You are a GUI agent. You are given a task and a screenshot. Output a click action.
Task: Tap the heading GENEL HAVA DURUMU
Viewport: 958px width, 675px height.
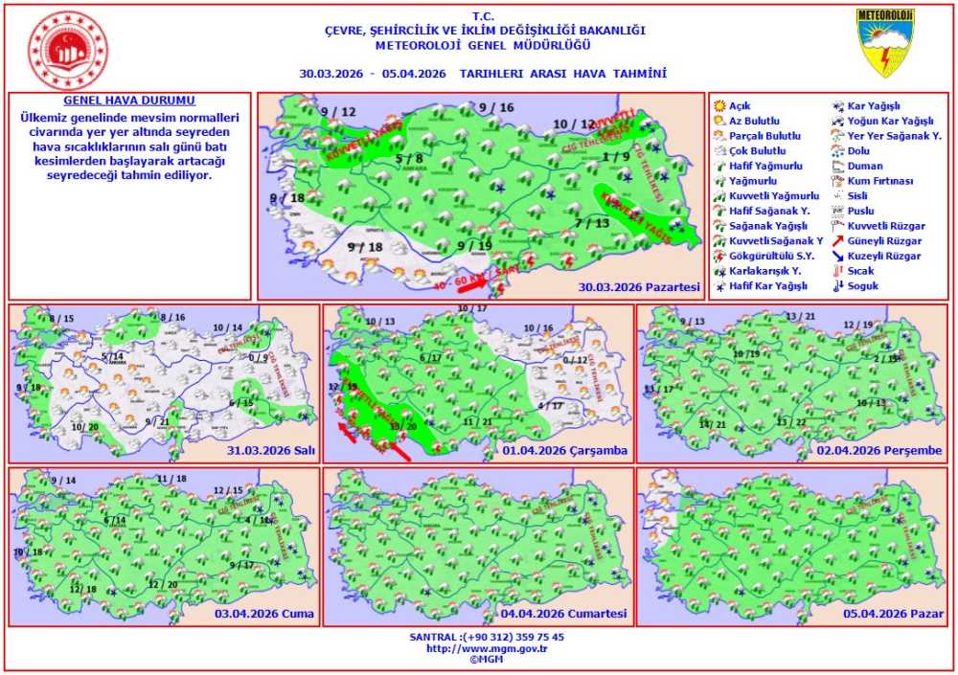tap(129, 101)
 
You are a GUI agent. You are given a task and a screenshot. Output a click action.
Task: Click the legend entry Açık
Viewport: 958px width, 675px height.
tap(740, 105)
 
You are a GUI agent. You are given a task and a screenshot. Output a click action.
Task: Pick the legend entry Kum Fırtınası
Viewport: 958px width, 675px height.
tap(880, 181)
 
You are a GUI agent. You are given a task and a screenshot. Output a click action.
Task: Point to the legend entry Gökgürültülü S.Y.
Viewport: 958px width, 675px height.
tap(771, 256)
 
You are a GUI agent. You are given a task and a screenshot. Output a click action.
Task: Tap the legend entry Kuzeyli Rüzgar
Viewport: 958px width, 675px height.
tap(884, 256)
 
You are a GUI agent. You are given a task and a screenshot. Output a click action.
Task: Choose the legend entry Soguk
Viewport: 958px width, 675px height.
tap(862, 285)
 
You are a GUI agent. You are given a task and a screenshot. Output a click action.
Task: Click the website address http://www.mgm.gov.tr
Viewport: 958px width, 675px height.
tap(486, 648)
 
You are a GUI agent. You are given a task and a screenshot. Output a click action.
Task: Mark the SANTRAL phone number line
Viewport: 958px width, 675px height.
tap(486, 637)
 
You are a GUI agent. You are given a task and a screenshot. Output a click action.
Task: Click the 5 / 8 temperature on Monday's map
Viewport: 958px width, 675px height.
tap(409, 158)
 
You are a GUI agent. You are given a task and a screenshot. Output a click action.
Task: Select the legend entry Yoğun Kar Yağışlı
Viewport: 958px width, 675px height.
tap(890, 121)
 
